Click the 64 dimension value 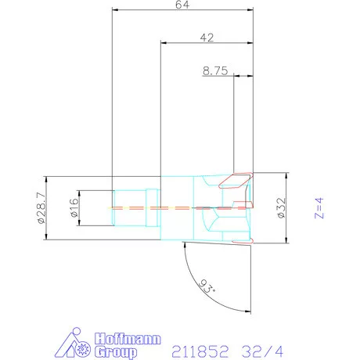[182, 5]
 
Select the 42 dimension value [207, 38]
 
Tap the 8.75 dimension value [215, 71]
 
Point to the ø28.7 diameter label [41, 208]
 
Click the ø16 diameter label [74, 207]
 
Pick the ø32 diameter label [282, 208]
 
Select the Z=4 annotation [319, 208]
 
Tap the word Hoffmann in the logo [128, 339]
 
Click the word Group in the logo [116, 352]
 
